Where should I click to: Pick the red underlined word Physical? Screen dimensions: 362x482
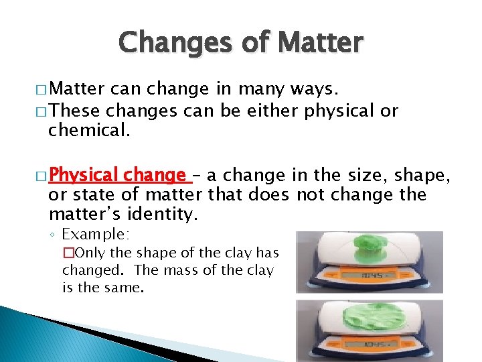coord(82,176)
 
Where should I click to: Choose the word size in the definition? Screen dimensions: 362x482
coord(368,176)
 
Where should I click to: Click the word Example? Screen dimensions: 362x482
coord(96,234)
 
